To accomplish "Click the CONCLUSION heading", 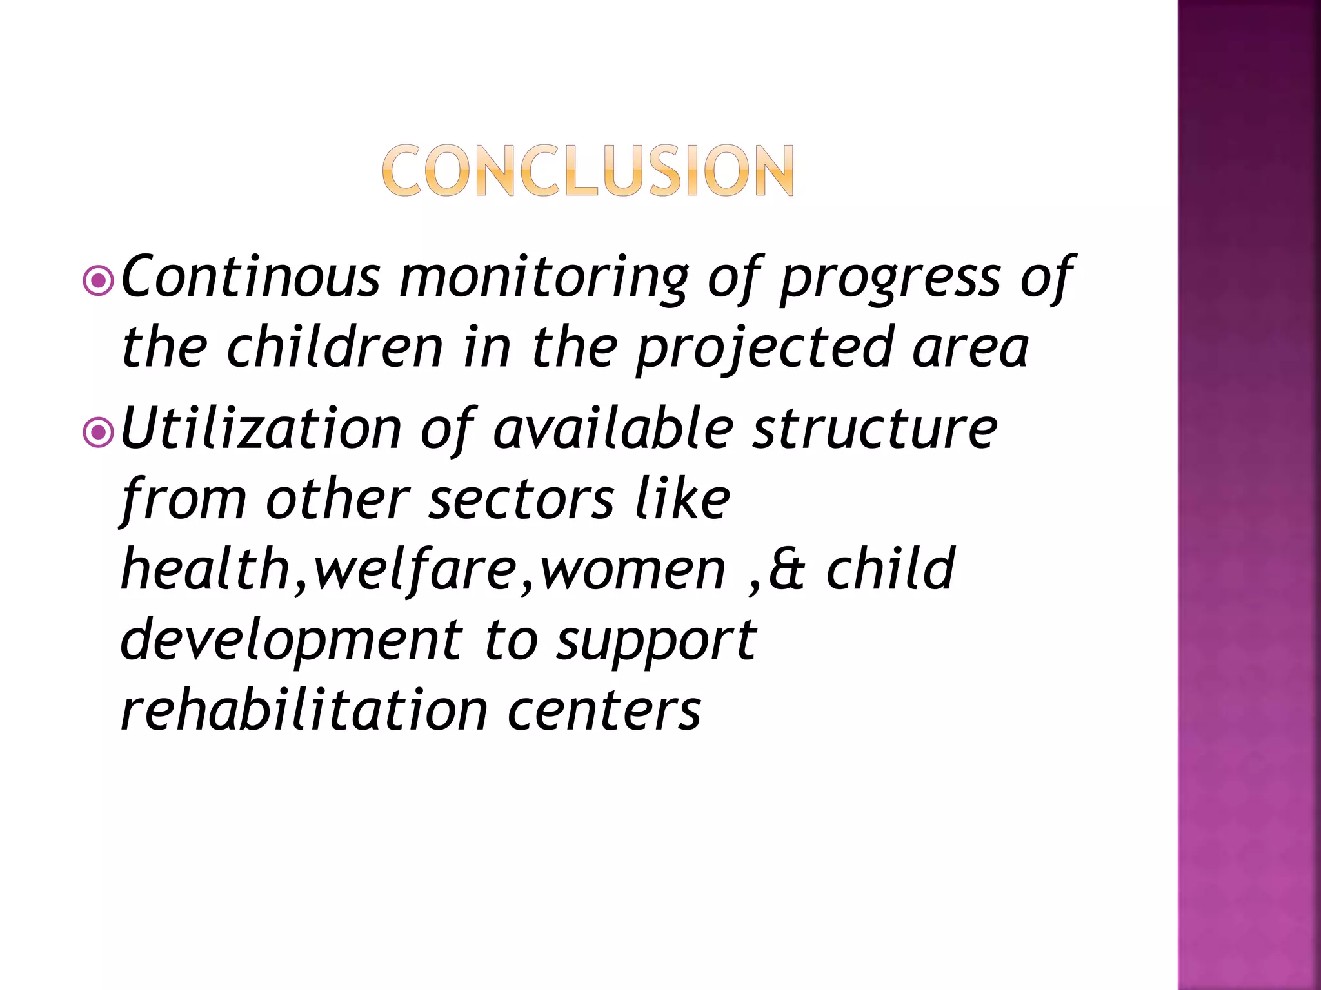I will [x=588, y=170].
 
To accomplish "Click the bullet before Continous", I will [x=99, y=280].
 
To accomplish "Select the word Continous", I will [x=251, y=277].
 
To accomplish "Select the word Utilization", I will [x=261, y=429].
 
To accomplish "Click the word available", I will [x=613, y=429].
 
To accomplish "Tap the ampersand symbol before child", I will [x=786, y=570].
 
